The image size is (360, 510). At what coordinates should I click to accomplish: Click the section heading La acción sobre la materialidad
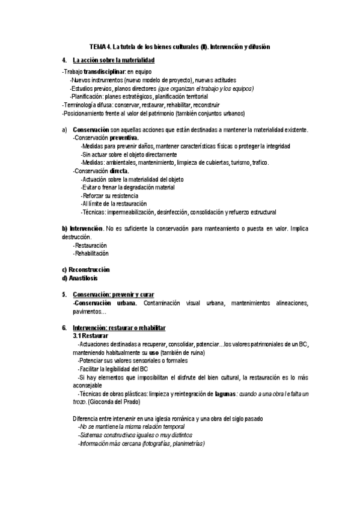[x=114, y=61]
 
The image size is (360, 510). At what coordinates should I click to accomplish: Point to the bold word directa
[x=119, y=171]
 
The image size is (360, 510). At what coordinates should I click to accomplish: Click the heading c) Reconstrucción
[x=86, y=269]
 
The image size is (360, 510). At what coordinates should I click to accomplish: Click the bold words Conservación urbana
[x=105, y=303]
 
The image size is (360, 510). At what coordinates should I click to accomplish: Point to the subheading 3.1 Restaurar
[x=91, y=336]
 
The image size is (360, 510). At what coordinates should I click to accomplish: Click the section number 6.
[x=64, y=327]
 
